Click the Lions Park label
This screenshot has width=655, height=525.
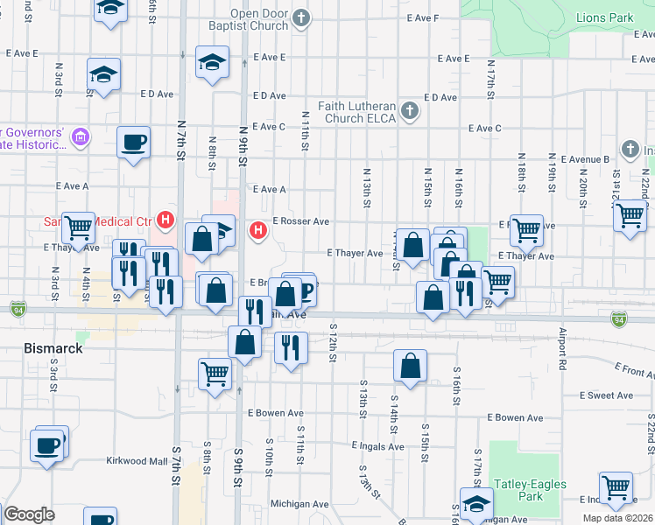(x=604, y=17)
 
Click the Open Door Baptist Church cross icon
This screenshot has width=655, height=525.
(x=302, y=17)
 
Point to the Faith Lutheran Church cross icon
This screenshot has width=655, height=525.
(x=408, y=110)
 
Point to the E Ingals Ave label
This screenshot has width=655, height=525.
(x=377, y=446)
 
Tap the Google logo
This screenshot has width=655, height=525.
(x=29, y=514)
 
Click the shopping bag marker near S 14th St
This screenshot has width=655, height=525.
(x=410, y=367)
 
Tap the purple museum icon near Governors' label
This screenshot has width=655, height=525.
(x=81, y=136)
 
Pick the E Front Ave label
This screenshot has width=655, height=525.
(x=633, y=371)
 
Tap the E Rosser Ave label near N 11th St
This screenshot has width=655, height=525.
(x=300, y=221)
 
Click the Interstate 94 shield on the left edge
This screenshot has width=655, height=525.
(x=18, y=308)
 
